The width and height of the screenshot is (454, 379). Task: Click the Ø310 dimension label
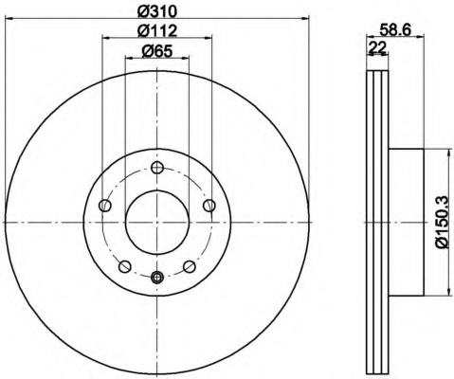click(157, 12)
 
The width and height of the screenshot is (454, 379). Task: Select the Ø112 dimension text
click(157, 31)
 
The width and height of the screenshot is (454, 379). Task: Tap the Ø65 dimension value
click(157, 51)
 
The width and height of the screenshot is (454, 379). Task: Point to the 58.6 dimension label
click(395, 30)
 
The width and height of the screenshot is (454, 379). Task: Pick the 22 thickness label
click(377, 48)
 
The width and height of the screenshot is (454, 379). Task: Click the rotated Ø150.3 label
click(442, 222)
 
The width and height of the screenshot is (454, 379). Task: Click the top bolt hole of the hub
click(157, 168)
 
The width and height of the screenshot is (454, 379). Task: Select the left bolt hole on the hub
click(105, 206)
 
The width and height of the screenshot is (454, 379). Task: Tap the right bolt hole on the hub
click(209, 206)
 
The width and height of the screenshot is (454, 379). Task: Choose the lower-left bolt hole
click(125, 266)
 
